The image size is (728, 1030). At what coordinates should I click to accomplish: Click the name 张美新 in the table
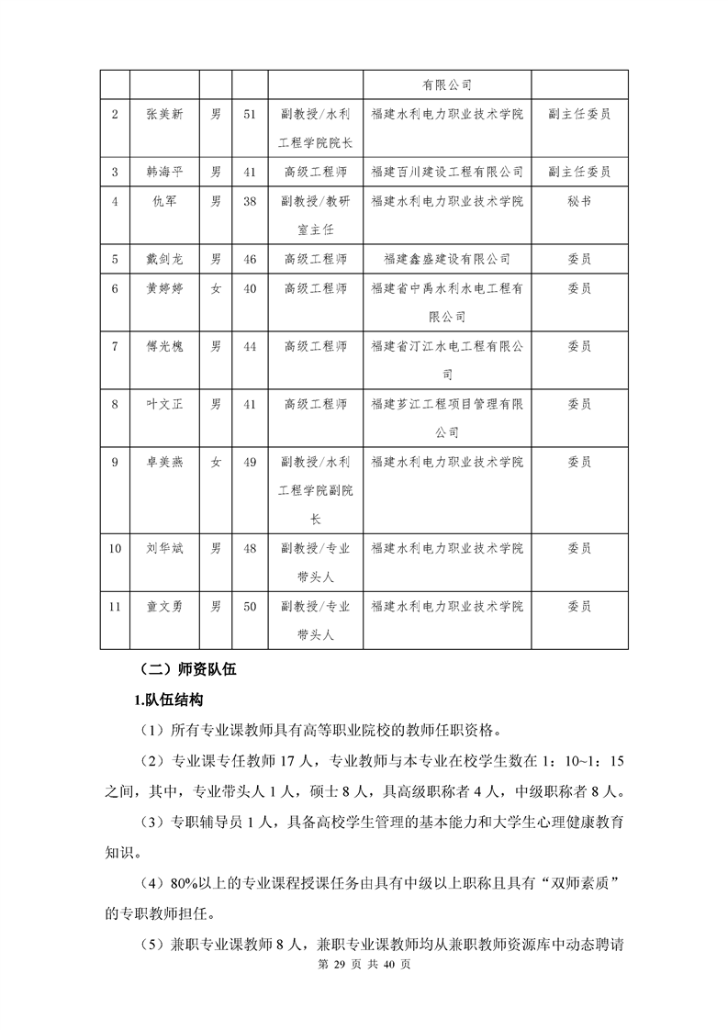point(164,115)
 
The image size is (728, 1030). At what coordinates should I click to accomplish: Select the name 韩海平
point(164,172)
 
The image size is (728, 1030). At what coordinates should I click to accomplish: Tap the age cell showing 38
point(249,201)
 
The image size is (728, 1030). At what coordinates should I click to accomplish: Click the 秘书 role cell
point(579,201)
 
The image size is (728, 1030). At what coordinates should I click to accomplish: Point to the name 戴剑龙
point(164,259)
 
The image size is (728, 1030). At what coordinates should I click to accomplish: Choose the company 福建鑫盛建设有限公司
point(447,259)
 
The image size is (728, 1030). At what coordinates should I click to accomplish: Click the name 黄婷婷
point(164,288)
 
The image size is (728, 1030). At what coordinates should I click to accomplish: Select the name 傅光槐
point(164,346)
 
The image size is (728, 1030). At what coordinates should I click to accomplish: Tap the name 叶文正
point(164,404)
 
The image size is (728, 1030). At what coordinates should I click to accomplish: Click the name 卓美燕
point(164,462)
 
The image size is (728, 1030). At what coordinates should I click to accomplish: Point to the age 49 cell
point(249,462)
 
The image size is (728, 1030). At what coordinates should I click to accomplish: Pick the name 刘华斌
point(164,548)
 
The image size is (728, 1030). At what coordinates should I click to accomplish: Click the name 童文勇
point(164,606)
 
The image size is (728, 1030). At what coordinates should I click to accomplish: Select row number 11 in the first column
point(115,606)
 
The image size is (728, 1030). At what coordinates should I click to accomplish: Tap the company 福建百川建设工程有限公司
point(447,172)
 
